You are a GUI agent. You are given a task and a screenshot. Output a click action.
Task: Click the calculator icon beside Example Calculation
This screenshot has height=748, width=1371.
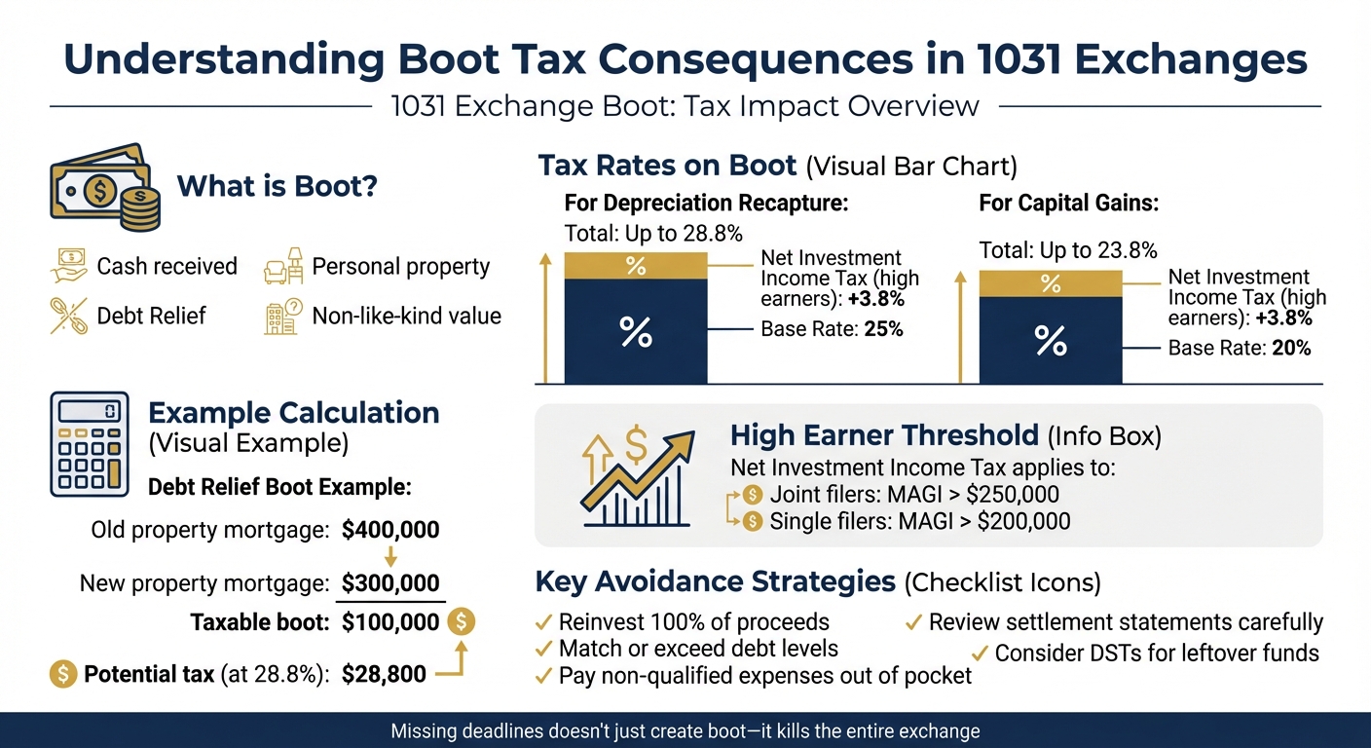pos(90,446)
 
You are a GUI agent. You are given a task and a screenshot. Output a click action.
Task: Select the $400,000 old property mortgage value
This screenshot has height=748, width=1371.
pos(390,531)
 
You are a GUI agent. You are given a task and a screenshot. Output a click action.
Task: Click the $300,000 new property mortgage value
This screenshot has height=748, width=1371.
pos(390,583)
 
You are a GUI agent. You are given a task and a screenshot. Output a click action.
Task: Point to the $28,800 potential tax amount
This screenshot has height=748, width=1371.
pos(384,674)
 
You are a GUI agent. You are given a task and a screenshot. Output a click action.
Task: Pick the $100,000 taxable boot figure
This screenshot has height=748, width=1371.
pos(390,621)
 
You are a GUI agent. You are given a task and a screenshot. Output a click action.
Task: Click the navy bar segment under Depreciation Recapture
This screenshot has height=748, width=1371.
pos(635,331)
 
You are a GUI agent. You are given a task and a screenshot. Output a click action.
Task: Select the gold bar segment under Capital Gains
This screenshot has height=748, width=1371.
pos(1050,283)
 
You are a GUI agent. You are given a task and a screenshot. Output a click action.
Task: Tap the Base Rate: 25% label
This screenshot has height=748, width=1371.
pos(832,329)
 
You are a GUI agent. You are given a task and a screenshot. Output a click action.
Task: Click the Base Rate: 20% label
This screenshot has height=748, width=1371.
pos(1239,348)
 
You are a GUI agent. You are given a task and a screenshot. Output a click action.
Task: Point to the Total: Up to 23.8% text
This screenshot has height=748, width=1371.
pos(1067,250)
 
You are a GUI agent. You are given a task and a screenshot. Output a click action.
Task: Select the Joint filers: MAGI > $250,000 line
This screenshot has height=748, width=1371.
pos(913,494)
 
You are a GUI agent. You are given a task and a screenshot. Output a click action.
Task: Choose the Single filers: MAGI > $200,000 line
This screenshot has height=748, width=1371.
pos(919,521)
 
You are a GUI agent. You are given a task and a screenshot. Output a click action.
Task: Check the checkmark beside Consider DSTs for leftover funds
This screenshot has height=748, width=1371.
pos(979,654)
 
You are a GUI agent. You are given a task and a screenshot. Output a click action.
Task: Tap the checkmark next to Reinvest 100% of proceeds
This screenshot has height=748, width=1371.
pos(544,622)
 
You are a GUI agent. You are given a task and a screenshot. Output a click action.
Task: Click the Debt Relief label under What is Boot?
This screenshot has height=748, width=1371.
pos(151,316)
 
